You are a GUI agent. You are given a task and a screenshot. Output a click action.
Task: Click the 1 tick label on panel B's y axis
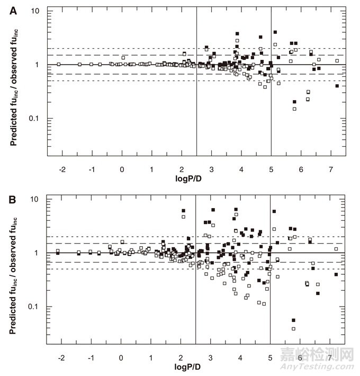click(x=40, y=253)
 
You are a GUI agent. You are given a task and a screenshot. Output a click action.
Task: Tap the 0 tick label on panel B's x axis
click(x=122, y=357)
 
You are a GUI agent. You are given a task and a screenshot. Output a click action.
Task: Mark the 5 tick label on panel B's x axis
click(x=271, y=357)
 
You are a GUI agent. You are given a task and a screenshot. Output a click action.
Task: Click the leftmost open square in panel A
click(x=58, y=64)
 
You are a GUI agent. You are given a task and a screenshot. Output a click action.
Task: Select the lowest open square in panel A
click(x=294, y=109)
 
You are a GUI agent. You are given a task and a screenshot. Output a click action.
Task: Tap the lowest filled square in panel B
click(x=294, y=320)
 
